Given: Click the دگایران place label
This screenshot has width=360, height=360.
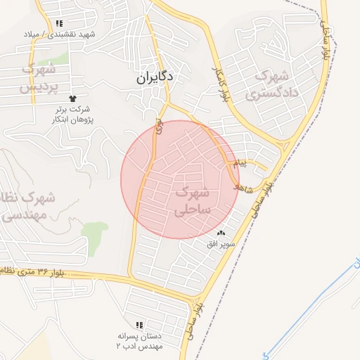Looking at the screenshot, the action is pyautogui.click(x=155, y=78).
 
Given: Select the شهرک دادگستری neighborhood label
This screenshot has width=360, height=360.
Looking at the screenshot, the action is pyautogui.click(x=274, y=84).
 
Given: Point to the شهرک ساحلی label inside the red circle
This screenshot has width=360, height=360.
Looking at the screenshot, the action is pyautogui.click(x=191, y=200).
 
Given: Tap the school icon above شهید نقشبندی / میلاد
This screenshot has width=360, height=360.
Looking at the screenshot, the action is pyautogui.click(x=67, y=23).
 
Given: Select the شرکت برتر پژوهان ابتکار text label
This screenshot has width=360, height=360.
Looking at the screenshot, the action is pyautogui.click(x=73, y=115).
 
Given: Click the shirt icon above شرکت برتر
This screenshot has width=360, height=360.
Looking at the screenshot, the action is pyautogui.click(x=72, y=98).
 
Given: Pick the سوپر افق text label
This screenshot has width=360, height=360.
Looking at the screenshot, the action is pyautogui.click(x=221, y=244).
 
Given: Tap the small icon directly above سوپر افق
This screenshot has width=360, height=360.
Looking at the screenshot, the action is pyautogui.click(x=221, y=233).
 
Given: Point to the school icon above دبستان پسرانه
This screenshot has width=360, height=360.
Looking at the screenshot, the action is pyautogui.click(x=139, y=325).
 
